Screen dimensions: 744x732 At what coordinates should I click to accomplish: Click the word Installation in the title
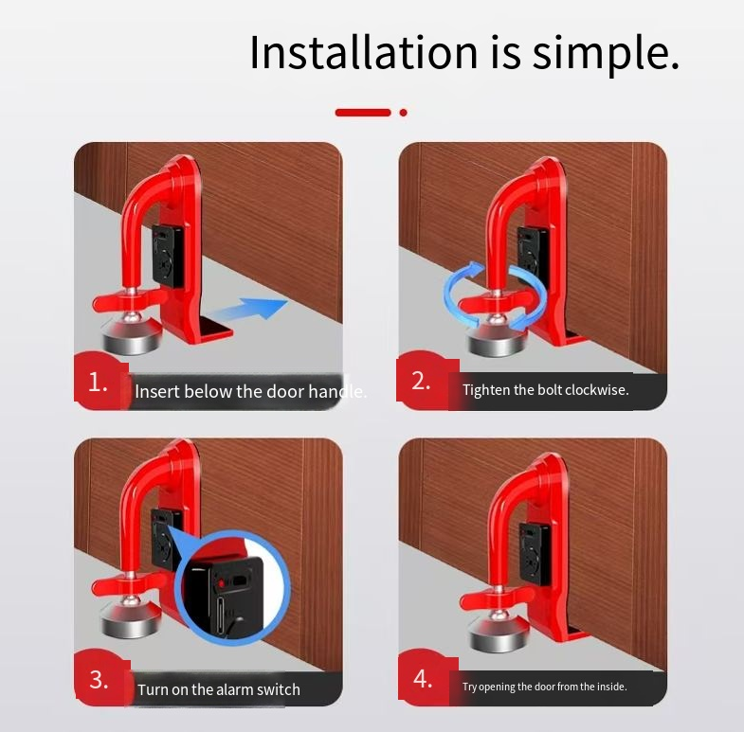coord(363,52)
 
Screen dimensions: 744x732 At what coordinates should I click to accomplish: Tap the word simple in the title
coord(606,55)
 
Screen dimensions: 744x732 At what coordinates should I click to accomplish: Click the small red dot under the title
coord(404,113)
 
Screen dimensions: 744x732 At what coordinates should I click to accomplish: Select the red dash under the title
coord(363,113)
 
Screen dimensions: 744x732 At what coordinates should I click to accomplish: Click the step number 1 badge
coord(99,382)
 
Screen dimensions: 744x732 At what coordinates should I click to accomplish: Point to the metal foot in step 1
coord(133,336)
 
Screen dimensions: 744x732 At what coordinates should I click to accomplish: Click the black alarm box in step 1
coord(168,256)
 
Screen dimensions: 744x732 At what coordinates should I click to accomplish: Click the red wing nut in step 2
coord(496,302)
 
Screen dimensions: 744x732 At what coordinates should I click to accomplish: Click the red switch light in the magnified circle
coord(221,582)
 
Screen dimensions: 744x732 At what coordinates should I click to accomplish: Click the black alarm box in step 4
coord(535,553)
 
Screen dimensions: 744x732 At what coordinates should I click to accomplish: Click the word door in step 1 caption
coord(286,392)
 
